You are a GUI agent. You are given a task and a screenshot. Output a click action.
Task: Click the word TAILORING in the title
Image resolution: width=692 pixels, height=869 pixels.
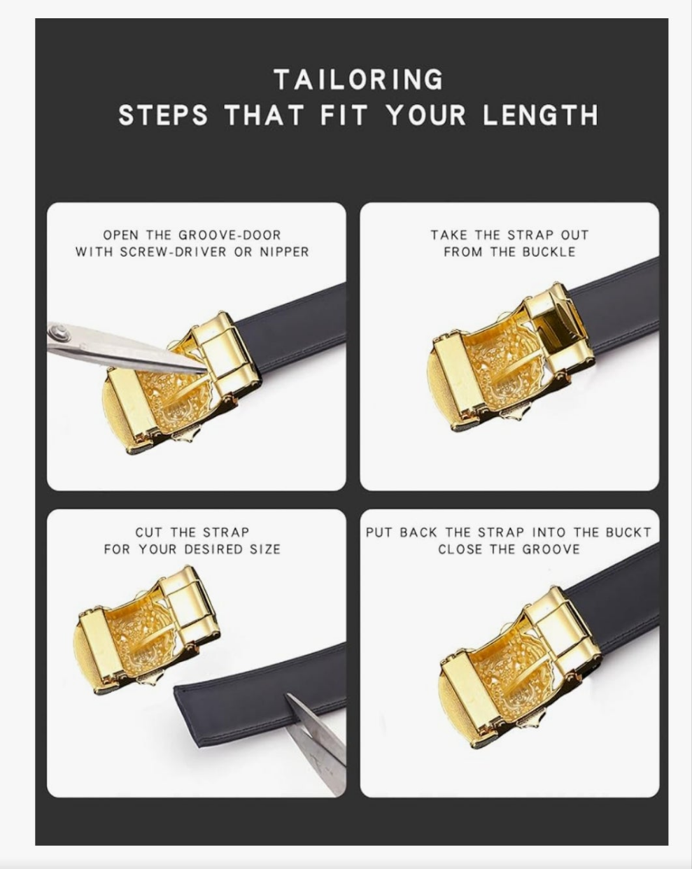(359, 80)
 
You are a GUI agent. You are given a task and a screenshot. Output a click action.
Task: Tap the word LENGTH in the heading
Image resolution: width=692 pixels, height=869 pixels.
(540, 115)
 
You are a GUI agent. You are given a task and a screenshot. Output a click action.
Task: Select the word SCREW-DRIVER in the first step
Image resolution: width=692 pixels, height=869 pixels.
(174, 252)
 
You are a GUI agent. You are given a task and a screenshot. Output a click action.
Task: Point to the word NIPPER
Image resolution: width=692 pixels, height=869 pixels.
(284, 252)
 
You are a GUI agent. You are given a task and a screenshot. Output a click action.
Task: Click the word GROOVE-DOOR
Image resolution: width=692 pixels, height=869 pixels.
(230, 235)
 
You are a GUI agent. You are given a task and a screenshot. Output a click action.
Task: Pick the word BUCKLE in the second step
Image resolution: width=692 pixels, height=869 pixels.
(549, 252)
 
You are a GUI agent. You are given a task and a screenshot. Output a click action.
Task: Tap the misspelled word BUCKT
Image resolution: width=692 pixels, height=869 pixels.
(628, 532)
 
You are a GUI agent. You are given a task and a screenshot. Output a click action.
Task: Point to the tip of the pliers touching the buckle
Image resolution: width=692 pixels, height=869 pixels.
(205, 369)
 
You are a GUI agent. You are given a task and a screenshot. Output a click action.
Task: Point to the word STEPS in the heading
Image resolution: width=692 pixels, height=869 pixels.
(163, 115)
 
